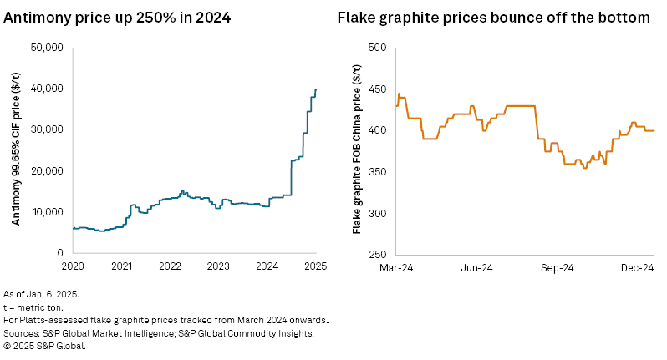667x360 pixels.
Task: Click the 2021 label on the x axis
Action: pyautogui.click(x=121, y=267)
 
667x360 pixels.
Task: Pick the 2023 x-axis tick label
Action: pyautogui.click(x=218, y=267)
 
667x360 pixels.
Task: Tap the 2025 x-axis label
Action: pyautogui.click(x=314, y=267)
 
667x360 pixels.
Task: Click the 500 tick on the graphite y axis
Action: pyautogui.click(x=377, y=48)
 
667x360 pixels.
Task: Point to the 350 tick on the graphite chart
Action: pyautogui.click(x=377, y=172)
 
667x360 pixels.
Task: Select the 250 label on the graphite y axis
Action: pyautogui.click(x=377, y=253)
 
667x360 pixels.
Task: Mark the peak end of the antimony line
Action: pyautogui.click(x=316, y=89)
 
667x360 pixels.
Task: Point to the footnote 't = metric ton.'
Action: pyautogui.click(x=33, y=308)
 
